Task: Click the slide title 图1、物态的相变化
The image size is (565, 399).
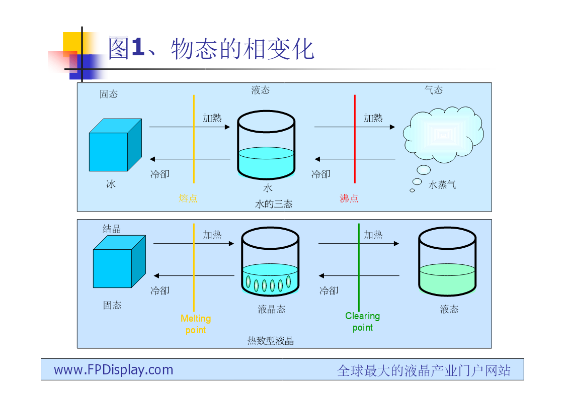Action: [211, 49]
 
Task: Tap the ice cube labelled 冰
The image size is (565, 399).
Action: [115, 145]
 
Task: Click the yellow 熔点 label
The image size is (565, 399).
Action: [188, 198]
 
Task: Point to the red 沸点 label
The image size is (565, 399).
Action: [349, 198]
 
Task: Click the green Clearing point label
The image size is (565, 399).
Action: [362, 322]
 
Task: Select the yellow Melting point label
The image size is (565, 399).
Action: [196, 324]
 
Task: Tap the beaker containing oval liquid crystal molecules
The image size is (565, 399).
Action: [270, 262]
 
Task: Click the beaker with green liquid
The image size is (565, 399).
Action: [447, 262]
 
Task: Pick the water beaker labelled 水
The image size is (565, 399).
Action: [266, 145]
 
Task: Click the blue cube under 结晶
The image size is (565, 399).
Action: [119, 262]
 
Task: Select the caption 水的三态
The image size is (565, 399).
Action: [274, 204]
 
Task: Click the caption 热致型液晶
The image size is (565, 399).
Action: [271, 341]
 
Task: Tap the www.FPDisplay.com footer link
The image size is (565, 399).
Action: [114, 370]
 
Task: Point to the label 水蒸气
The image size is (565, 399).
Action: [442, 185]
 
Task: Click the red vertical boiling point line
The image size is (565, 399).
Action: [355, 139]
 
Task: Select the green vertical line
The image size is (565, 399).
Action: [359, 267]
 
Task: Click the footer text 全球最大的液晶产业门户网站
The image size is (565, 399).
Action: [424, 370]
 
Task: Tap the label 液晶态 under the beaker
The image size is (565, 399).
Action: [271, 309]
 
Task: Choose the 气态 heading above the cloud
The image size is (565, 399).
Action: [434, 90]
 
